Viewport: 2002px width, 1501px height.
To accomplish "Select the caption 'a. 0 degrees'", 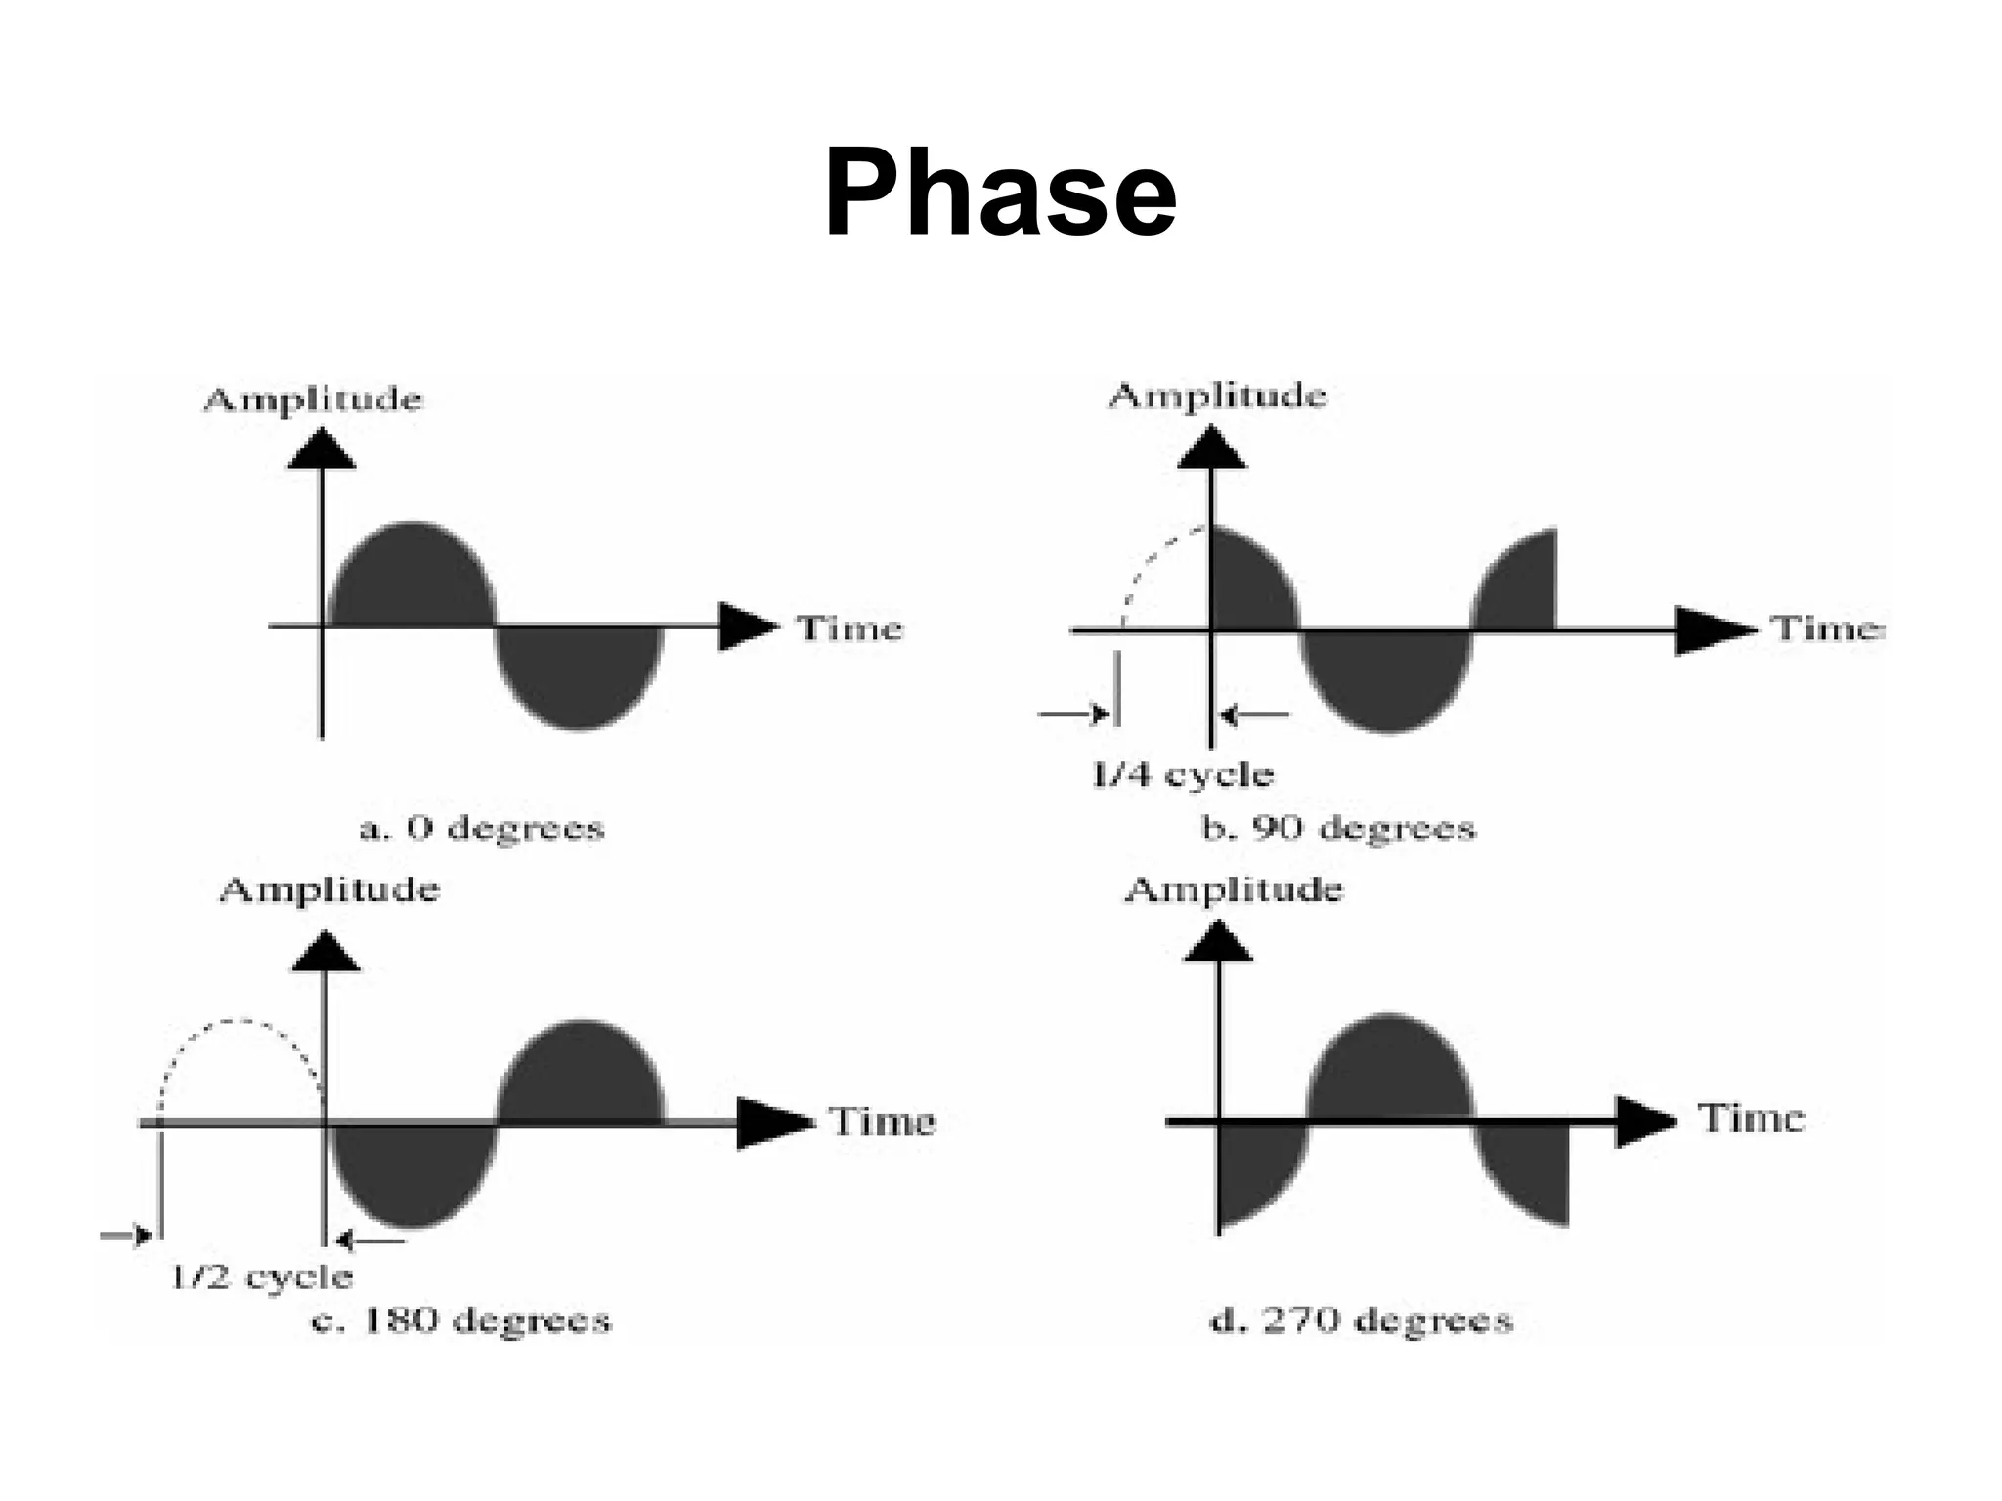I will (x=482, y=829).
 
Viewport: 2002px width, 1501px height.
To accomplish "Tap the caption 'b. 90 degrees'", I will (x=1337, y=829).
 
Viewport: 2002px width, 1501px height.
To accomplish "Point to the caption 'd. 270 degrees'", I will (x=1361, y=1320).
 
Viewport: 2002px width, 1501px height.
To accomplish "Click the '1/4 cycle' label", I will (x=1182, y=775).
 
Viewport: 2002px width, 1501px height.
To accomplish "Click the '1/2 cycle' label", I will (x=261, y=1276).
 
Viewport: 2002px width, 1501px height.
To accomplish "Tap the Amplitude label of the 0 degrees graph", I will (x=313, y=400).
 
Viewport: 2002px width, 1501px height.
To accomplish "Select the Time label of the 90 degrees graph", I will (x=1827, y=627).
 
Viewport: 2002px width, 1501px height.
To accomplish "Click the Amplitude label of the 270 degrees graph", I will (x=1234, y=889).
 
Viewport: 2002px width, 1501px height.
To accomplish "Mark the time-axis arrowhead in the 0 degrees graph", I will (x=746, y=626).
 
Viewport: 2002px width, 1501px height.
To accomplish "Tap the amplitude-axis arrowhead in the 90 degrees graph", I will (x=1212, y=449).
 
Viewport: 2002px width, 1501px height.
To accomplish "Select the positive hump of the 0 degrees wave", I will (x=413, y=577).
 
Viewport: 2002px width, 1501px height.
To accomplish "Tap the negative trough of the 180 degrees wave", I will (x=413, y=1173).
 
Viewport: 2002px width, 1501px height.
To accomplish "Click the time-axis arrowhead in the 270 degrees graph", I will (x=1644, y=1121).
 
